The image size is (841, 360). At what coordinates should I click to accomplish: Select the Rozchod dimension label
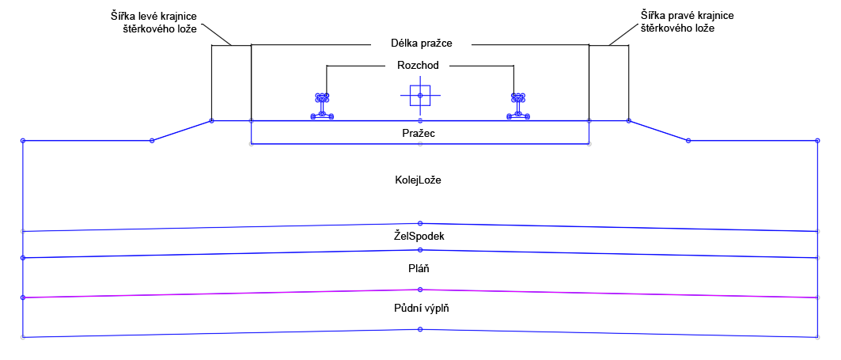[419, 65]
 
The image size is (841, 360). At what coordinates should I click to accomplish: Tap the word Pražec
[419, 134]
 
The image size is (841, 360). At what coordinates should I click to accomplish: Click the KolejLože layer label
[418, 180]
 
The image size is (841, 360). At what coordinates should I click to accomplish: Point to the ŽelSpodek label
[419, 236]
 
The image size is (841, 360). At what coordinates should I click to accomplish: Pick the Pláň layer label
[419, 269]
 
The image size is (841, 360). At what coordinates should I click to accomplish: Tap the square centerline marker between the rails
[420, 96]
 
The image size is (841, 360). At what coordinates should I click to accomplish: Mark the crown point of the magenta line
[420, 290]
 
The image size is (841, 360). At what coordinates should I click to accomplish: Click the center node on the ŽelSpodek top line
[420, 223]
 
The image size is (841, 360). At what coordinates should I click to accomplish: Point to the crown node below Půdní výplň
[420, 329]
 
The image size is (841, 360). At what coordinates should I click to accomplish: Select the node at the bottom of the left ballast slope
[152, 141]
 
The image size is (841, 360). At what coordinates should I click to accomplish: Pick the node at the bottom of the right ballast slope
[688, 141]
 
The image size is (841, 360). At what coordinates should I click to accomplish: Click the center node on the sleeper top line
[420, 121]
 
